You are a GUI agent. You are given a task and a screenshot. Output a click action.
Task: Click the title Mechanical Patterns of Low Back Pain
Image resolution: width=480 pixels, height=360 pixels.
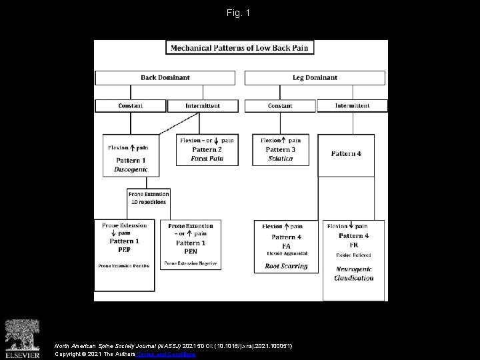[240, 48]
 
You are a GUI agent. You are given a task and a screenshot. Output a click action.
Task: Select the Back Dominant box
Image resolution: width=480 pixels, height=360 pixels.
[165, 78]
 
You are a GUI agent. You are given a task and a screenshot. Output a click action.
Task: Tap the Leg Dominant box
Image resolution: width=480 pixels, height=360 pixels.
[315, 78]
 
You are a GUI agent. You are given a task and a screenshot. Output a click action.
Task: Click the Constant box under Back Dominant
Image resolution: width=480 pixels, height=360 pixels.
[130, 105]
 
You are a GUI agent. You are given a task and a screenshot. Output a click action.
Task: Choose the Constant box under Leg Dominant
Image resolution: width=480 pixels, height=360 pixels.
[280, 105]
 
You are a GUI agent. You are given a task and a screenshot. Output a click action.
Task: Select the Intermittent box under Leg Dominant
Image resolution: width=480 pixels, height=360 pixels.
[352, 105]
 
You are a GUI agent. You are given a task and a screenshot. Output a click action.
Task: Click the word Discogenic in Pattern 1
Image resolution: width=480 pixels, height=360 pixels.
[131, 169]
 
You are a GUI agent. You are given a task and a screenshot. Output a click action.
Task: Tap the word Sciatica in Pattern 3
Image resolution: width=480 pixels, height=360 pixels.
[280, 159]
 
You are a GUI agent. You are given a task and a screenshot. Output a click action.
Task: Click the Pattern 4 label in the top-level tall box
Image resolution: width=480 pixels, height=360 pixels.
[346, 154]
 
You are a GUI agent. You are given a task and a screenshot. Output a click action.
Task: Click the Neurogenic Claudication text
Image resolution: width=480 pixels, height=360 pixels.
[354, 273]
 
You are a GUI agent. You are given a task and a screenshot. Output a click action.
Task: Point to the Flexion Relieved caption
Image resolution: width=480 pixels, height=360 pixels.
[353, 255]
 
